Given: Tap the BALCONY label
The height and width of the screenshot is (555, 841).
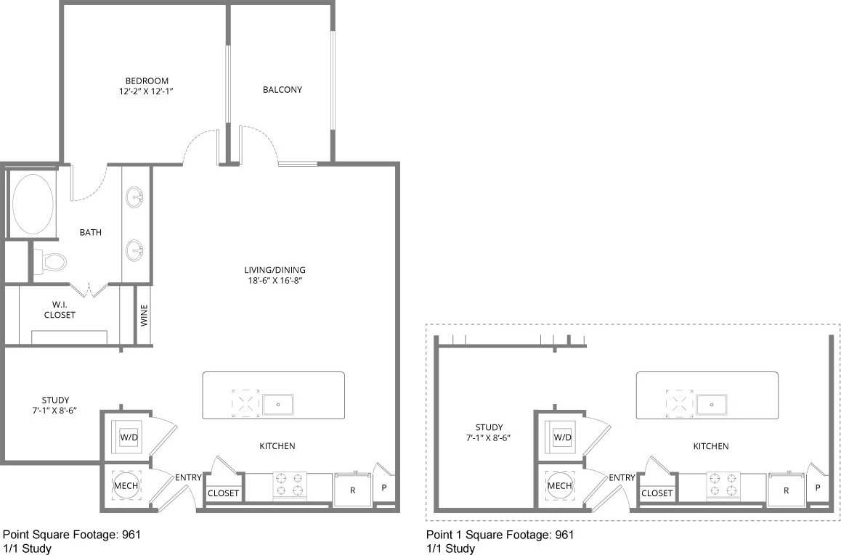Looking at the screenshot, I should (x=282, y=90).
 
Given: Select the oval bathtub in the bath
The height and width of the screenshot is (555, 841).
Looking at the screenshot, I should (x=33, y=205).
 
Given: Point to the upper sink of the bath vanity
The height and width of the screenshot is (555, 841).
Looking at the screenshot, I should (x=135, y=197).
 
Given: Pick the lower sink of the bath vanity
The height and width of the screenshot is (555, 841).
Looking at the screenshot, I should (x=135, y=250).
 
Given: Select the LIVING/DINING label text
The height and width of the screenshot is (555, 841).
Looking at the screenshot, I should (x=275, y=270).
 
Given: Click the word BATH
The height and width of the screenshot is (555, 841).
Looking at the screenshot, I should (x=91, y=233).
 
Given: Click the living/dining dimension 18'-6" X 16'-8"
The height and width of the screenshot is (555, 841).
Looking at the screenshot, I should (x=275, y=281).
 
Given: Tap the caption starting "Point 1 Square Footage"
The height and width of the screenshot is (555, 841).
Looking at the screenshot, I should (x=500, y=535).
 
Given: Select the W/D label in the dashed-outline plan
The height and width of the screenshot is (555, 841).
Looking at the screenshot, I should (x=562, y=437).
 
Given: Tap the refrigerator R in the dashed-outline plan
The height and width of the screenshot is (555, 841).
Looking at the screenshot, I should (x=787, y=490).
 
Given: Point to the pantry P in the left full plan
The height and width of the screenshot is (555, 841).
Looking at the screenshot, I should (x=383, y=488).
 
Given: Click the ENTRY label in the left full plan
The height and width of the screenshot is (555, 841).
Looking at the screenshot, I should (x=188, y=477).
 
